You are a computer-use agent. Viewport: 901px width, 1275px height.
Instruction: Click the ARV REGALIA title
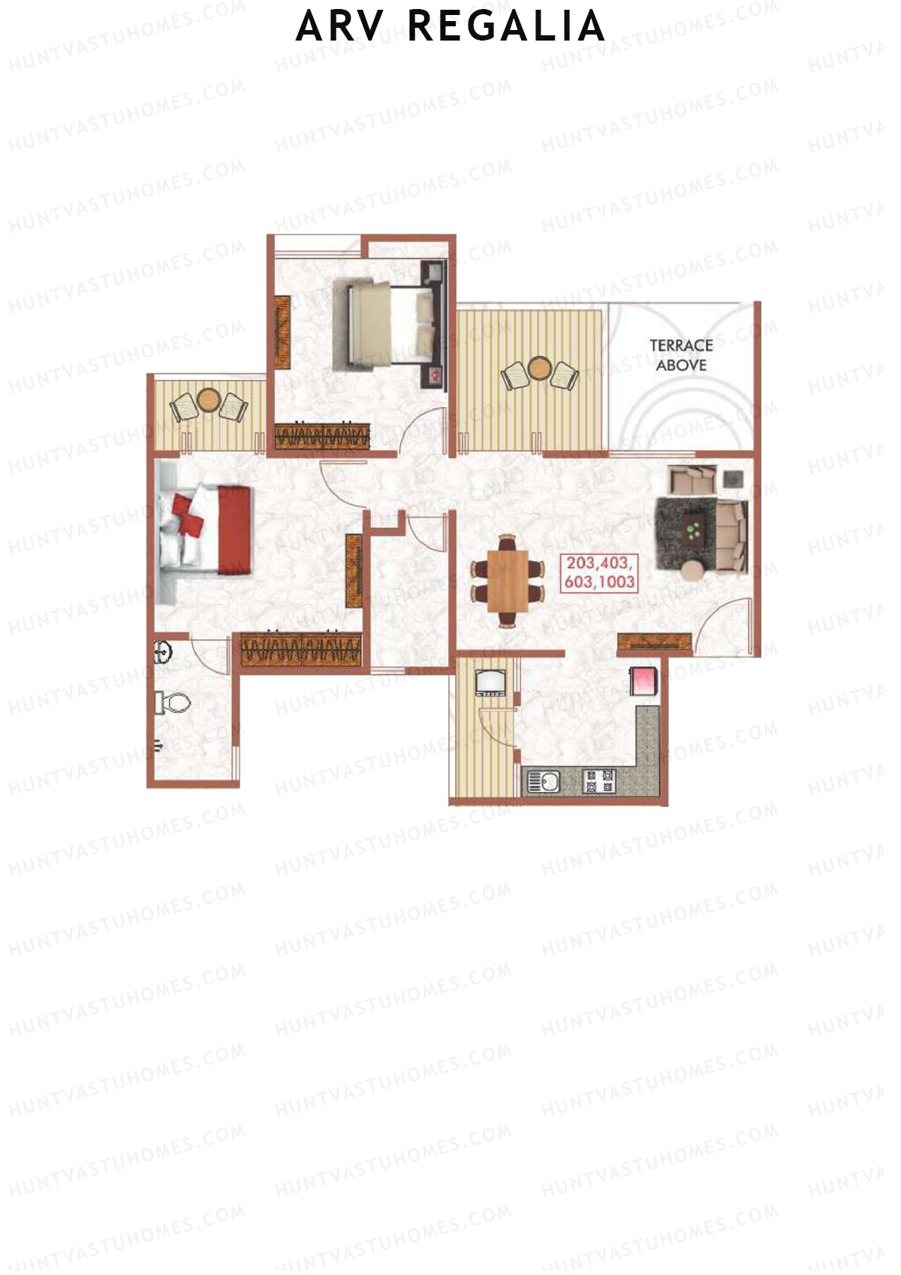(450, 27)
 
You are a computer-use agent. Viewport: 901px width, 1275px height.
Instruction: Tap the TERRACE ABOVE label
(681, 355)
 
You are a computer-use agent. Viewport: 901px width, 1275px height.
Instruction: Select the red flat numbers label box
(601, 573)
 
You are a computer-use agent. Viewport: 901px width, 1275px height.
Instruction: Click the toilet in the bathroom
(173, 703)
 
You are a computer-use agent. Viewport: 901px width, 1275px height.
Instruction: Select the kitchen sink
(542, 781)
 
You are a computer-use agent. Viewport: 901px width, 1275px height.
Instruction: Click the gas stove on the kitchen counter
(599, 781)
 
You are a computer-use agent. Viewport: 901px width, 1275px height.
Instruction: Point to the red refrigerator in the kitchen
(644, 681)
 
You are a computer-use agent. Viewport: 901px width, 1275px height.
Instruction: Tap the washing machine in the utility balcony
(490, 683)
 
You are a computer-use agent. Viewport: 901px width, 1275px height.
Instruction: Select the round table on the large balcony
(539, 368)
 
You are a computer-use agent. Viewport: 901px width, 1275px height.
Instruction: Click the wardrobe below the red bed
(300, 649)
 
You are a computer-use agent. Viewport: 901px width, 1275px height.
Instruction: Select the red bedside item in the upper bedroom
(434, 375)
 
